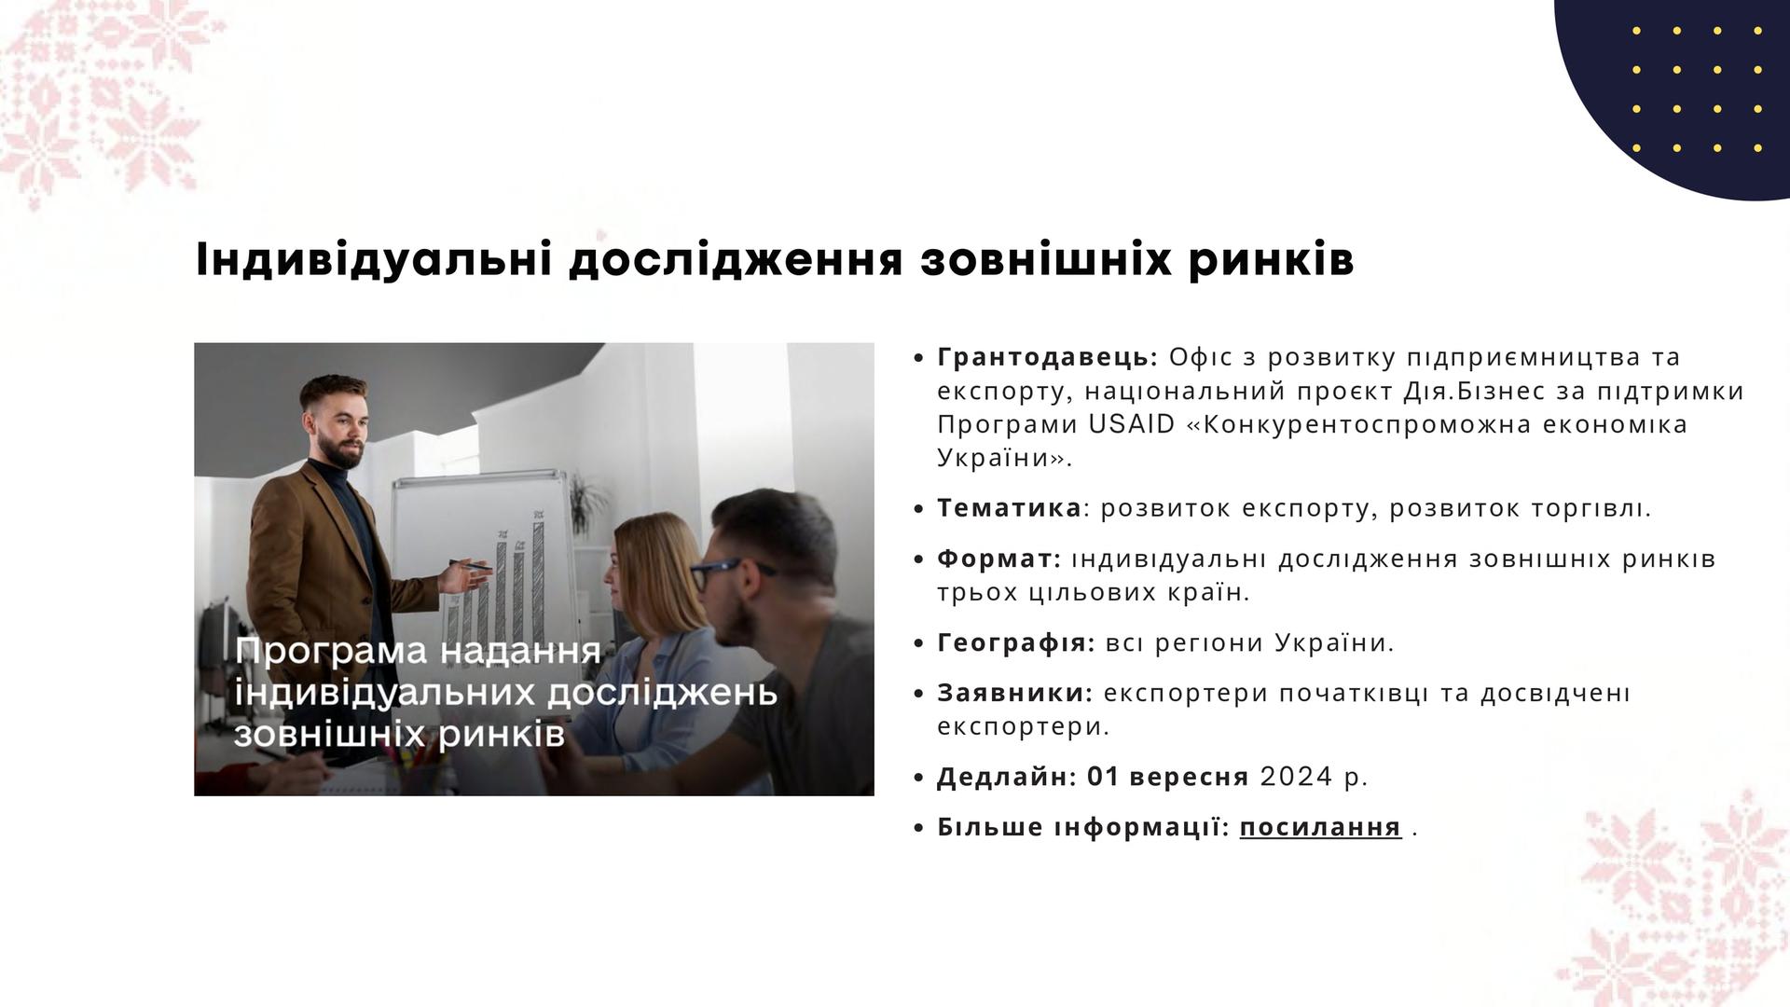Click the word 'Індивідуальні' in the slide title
373,260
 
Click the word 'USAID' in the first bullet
1132,424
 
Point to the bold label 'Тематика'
1009,508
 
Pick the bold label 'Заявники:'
1014,693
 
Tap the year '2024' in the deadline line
1297,777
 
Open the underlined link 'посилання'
1320,828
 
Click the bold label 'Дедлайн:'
1007,778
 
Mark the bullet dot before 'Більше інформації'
919,828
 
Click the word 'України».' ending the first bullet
1005,458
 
